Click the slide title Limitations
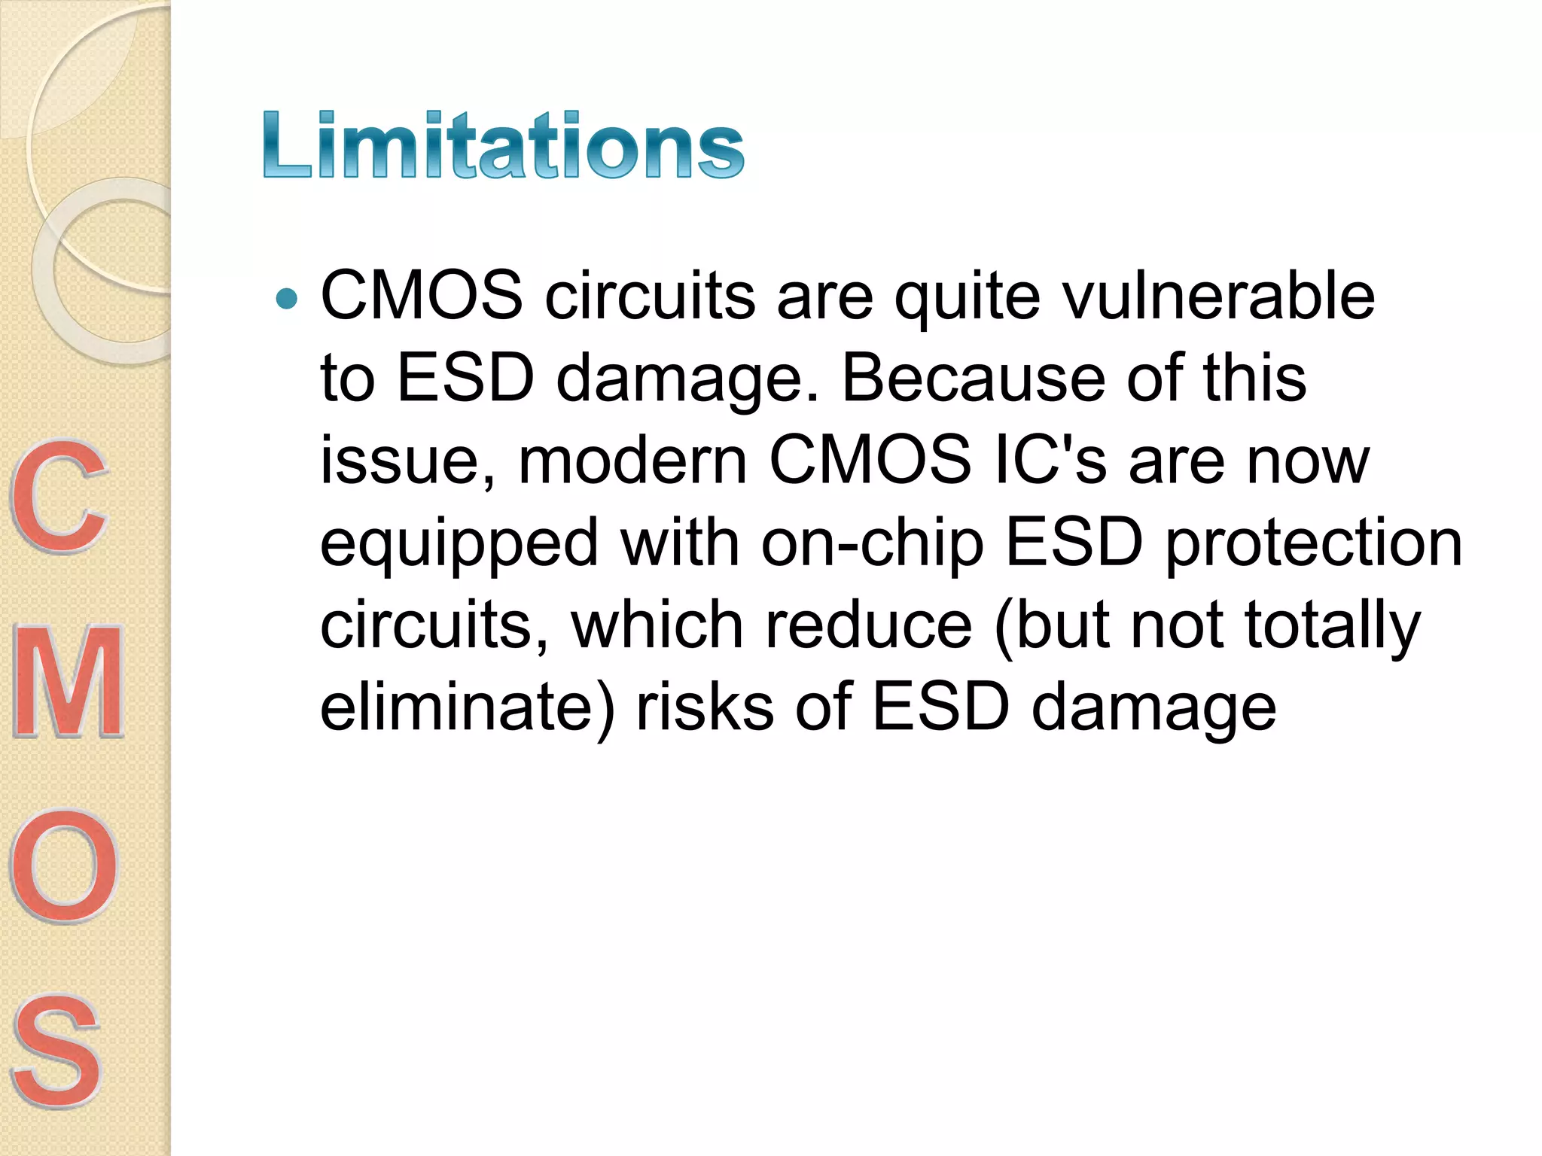pos(503,144)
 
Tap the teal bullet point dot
pos(287,299)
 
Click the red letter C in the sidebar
pos(59,497)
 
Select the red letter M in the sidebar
pos(69,682)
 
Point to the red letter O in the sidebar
pos(64,865)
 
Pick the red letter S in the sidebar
pos(57,1051)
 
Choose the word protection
pos(1314,543)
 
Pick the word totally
pos(1331,627)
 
